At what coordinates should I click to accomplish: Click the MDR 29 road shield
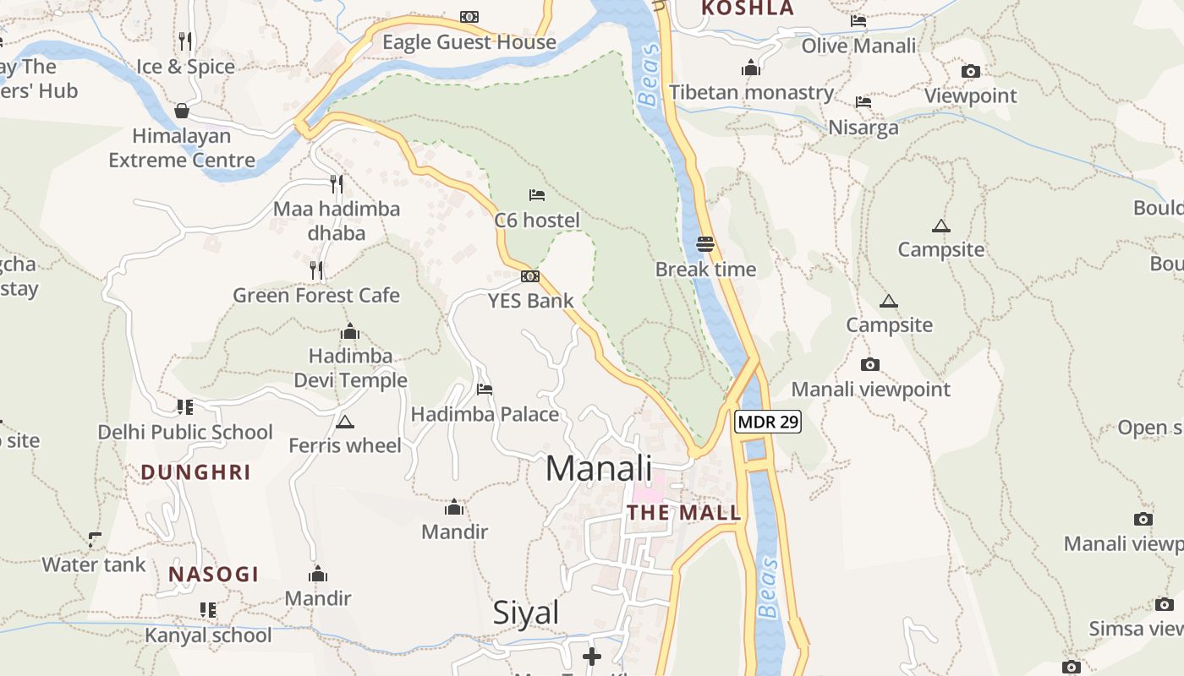[x=768, y=422]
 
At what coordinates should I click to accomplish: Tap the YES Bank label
[x=530, y=301]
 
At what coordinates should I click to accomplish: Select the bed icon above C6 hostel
[x=537, y=195]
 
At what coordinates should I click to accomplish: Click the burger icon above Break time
[x=706, y=244]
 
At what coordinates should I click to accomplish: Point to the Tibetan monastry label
[x=751, y=92]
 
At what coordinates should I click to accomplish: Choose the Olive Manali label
[x=858, y=46]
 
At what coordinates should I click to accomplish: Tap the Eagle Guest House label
[x=469, y=42]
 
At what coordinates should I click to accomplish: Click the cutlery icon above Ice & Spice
[x=185, y=41]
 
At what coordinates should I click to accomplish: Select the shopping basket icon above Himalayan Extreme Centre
[x=181, y=111]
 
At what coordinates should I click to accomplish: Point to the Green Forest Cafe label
[x=316, y=296]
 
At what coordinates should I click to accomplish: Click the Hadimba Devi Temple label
[x=350, y=368]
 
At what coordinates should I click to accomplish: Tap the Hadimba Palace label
[x=485, y=414]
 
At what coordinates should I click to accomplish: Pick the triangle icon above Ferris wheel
[x=344, y=422]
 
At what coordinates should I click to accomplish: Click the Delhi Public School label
[x=185, y=433]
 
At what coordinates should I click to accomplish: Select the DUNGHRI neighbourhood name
[x=196, y=472]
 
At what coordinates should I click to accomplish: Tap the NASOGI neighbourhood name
[x=213, y=575]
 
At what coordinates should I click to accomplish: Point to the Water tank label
[x=94, y=564]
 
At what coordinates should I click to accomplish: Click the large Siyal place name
[x=526, y=613]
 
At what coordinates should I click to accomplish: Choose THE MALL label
[x=683, y=512]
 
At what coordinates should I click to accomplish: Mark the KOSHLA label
[x=748, y=8]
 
